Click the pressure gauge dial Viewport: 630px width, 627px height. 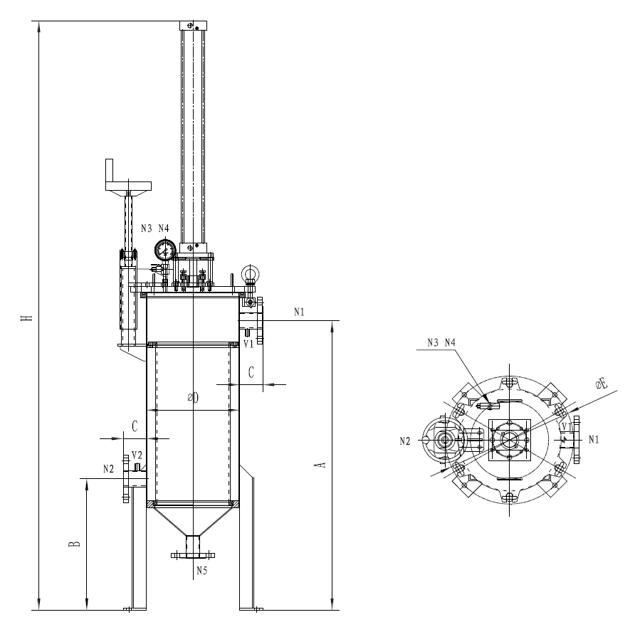coord(165,250)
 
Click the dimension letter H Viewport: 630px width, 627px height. coord(27,318)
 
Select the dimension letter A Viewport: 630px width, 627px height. coord(321,465)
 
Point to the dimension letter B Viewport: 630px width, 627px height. coord(74,544)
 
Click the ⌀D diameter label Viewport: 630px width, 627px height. coord(193,398)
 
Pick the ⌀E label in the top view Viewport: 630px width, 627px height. coord(602,384)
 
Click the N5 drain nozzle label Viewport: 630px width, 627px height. coord(202,571)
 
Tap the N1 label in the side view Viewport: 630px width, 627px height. coord(299,312)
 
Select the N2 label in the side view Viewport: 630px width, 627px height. coord(108,469)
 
